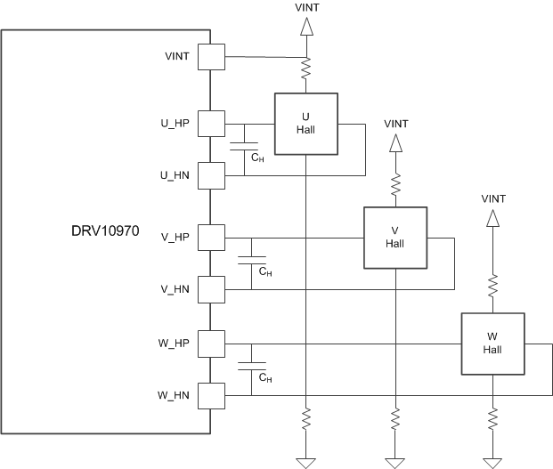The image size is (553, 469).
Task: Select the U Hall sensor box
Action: click(x=305, y=124)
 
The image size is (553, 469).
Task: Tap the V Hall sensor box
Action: click(x=394, y=238)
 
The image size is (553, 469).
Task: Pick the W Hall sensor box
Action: click(x=492, y=344)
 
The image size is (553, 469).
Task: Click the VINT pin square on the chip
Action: click(x=212, y=58)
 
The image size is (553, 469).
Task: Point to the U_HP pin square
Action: click(x=212, y=123)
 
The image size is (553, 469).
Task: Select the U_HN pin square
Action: click(x=212, y=174)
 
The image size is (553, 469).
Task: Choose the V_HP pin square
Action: click(x=212, y=238)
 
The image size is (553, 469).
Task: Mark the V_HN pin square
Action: click(x=212, y=289)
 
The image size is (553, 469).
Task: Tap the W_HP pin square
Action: click(x=212, y=344)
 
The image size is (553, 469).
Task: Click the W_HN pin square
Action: click(x=212, y=394)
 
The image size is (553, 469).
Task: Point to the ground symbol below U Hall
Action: click(x=305, y=460)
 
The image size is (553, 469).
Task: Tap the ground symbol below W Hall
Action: click(x=492, y=460)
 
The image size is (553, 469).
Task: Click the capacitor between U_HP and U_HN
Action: click(x=243, y=147)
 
